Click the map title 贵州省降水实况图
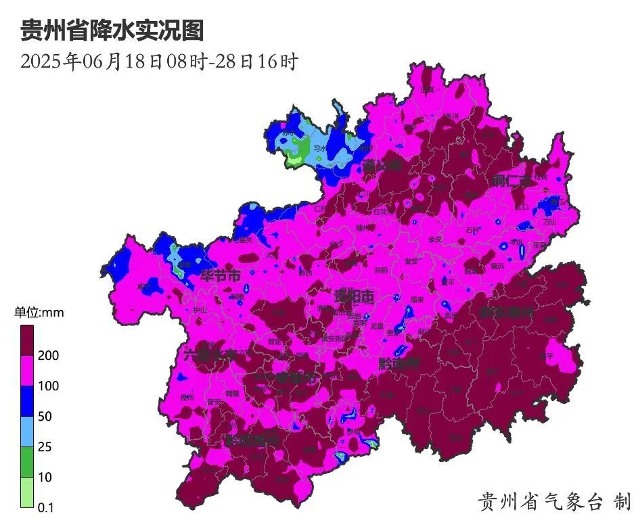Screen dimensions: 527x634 [112, 30]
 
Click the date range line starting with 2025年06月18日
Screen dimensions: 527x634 [159, 62]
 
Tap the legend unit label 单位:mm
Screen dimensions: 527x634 [39, 313]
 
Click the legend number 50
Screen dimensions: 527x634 [45, 417]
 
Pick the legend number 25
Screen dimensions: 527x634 [45, 447]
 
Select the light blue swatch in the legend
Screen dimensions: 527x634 [26, 432]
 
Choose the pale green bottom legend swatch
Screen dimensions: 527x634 [26, 492]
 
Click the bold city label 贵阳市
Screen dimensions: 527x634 [355, 296]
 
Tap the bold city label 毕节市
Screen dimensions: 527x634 [221, 276]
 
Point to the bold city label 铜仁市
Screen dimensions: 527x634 [509, 181]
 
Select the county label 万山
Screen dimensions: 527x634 [549, 221]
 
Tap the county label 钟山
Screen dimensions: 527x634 [201, 309]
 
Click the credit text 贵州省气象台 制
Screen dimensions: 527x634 [553, 501]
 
